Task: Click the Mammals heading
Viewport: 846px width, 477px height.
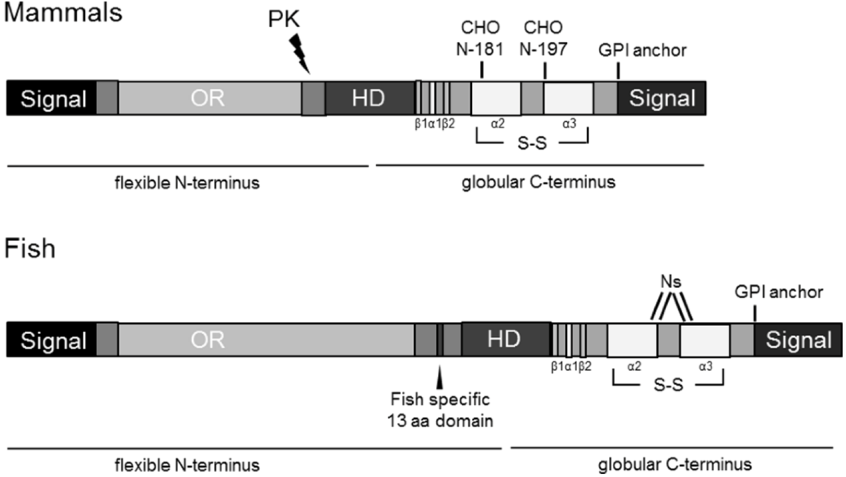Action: [63, 12]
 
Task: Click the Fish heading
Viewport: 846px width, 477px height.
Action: [29, 248]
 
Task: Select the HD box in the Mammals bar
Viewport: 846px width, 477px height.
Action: [369, 98]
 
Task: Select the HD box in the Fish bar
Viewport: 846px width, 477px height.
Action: [504, 340]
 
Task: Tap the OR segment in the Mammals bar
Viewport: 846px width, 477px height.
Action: [208, 98]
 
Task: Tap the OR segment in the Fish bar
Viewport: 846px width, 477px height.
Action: [208, 340]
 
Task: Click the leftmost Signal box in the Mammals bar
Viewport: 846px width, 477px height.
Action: [53, 99]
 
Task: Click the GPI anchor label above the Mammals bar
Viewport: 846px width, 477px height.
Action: [642, 50]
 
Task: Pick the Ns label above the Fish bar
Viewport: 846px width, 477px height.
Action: [671, 282]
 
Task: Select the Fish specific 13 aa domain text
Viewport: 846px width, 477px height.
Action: [440, 410]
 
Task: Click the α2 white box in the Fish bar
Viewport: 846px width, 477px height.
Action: [632, 340]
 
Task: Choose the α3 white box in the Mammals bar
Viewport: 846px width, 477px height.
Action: [568, 99]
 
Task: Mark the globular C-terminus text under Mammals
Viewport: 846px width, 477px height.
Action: [538, 182]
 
